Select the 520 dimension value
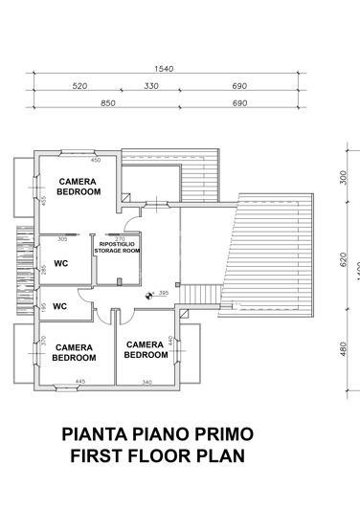[x=80, y=86]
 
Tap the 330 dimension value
[x=151, y=86]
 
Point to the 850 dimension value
[x=108, y=102]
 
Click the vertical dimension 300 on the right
[x=342, y=178]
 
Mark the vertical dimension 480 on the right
[x=342, y=349]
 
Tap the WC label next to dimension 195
[x=59, y=307]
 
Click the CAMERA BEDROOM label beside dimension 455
[x=79, y=186]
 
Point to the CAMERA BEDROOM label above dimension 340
[x=146, y=349]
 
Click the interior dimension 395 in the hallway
[x=163, y=293]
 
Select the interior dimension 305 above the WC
[x=62, y=239]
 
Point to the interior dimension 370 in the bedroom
[x=42, y=340]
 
